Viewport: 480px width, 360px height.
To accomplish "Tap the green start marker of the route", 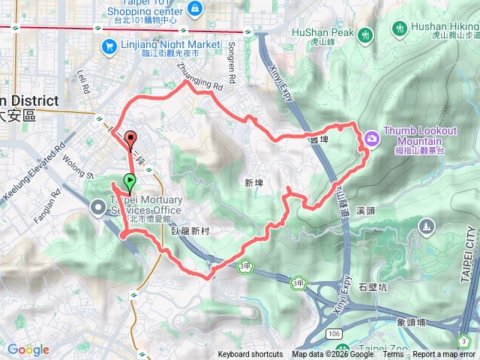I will coord(130,181).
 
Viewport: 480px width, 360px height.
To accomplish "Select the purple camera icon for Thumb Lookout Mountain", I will coord(371,138).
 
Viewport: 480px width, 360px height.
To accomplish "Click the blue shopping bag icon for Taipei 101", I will coord(195,7).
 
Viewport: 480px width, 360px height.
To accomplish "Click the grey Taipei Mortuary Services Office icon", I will coord(99,207).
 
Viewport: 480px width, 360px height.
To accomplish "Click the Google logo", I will coord(28,349).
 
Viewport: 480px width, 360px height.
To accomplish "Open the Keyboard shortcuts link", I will coord(250,355).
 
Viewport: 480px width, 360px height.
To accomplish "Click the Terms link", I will coord(393,355).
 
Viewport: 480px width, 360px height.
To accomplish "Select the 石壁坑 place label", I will coord(372,286).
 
